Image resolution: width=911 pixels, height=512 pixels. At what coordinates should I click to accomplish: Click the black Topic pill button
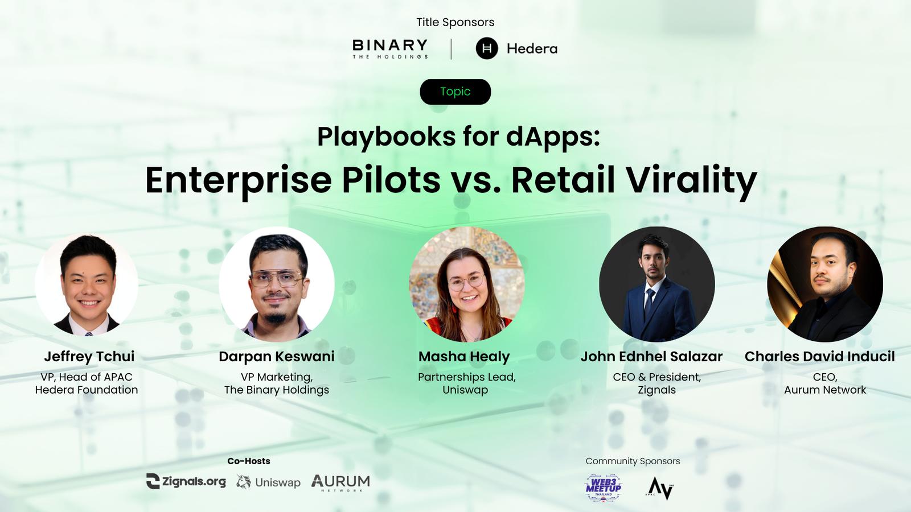455,92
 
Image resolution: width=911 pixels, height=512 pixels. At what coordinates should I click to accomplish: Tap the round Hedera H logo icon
487,48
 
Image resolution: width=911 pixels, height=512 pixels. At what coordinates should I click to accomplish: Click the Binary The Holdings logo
390,49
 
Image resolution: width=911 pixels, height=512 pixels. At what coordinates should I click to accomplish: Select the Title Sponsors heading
455,22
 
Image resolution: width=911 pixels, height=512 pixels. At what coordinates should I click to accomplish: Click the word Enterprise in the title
239,180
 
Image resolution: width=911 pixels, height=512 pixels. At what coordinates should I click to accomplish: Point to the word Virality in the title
691,180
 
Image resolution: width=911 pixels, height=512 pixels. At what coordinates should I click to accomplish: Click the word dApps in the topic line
553,137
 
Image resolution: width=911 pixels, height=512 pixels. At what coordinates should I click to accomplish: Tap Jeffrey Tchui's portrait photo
87,284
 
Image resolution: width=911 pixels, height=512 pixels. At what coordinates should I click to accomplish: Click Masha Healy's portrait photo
466,284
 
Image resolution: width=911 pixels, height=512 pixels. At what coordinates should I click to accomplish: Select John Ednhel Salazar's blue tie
649,303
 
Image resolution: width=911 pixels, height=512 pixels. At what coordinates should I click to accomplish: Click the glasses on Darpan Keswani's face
277,279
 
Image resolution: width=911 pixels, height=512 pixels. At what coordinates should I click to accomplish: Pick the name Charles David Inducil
819,356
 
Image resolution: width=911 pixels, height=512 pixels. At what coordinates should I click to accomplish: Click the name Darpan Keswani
277,356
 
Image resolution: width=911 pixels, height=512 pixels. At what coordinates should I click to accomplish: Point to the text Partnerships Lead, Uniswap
466,383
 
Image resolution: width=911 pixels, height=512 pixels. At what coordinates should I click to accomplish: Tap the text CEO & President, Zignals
657,383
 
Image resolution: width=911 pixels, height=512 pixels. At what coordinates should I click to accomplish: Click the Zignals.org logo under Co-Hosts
186,481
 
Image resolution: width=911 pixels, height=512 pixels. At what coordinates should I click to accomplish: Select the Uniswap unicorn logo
244,482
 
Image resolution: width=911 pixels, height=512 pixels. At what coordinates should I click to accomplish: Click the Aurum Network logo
341,483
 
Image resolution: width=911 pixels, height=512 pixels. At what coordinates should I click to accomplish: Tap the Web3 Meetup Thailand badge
603,488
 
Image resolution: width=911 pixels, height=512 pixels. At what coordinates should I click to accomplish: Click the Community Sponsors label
633,461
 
